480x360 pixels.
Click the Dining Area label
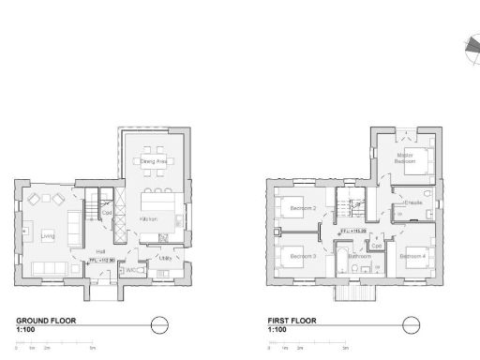154,161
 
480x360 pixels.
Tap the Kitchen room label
148,219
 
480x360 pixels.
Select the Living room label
48,236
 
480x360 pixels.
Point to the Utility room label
164,258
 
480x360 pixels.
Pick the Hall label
99,251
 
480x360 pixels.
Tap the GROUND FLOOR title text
46,320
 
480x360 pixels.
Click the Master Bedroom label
405,158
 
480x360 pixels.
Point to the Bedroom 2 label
302,208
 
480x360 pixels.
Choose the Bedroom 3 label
302,256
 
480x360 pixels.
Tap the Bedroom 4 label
412,256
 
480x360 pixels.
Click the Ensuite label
413,203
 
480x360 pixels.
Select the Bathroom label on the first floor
360,256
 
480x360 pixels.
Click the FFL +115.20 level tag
352,229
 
